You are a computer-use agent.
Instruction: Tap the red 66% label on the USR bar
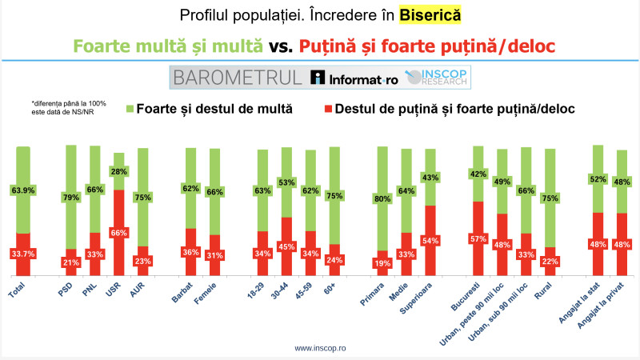pos(118,233)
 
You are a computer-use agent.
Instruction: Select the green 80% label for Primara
pos(382,198)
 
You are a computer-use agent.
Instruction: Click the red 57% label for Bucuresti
pos(478,239)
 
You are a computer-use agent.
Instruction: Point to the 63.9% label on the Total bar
pos(22,190)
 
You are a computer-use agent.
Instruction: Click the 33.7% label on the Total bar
pos(22,255)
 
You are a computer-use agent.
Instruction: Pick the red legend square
pos(329,108)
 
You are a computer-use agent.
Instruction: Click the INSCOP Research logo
pos(438,78)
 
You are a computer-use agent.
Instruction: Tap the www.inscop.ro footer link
pos(320,348)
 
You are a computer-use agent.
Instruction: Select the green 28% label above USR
pos(118,172)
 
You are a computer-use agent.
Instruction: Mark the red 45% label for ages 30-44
pos(286,246)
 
